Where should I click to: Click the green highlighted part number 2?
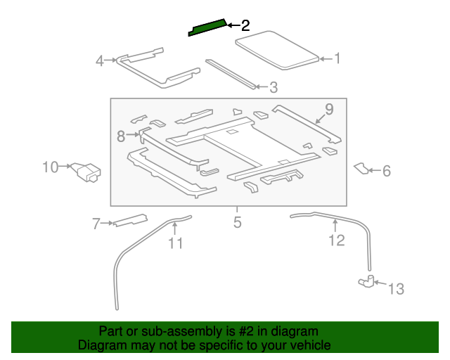click(207, 27)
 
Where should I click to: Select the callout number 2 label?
click(245, 26)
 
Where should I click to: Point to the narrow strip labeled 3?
click(230, 73)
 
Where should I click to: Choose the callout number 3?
click(274, 88)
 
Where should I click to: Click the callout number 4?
click(100, 61)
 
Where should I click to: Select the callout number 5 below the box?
click(237, 223)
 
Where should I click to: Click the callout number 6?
click(386, 171)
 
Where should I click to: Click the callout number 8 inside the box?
click(120, 134)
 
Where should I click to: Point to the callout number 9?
click(328, 109)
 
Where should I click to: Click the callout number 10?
click(51, 167)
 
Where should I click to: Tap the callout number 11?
click(175, 243)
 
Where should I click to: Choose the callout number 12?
click(337, 240)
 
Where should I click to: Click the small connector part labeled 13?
click(366, 282)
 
